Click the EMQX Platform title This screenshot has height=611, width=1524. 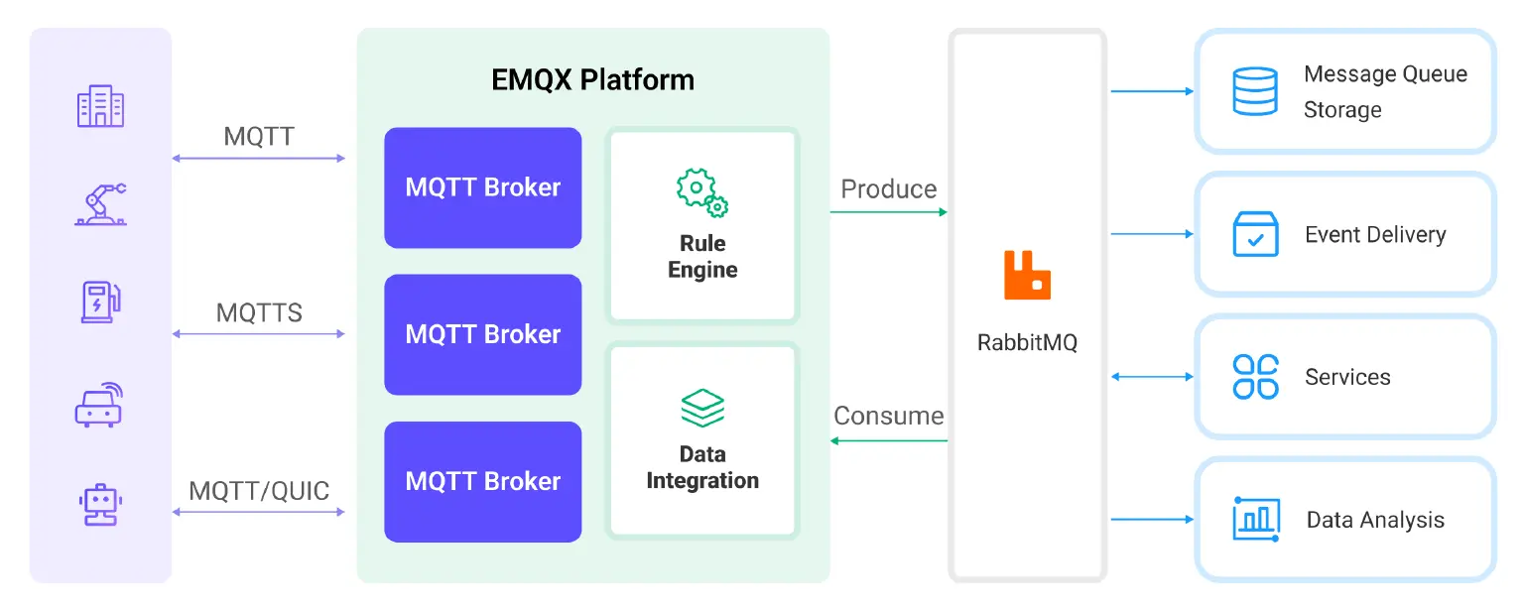click(592, 79)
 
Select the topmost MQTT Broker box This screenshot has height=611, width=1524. click(482, 187)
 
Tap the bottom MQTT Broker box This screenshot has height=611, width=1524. click(482, 481)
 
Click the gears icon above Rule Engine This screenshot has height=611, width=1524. click(701, 191)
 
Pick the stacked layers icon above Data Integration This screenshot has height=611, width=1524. click(701, 408)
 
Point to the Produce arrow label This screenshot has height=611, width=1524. click(888, 189)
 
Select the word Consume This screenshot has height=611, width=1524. click(888, 416)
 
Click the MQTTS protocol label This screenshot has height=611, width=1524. click(259, 313)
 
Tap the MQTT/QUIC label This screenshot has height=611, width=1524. click(259, 490)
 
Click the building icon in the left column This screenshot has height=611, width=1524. click(100, 106)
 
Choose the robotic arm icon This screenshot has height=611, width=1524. click(100, 204)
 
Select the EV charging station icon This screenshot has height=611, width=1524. click(100, 302)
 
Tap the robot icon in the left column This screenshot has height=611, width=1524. click(100, 503)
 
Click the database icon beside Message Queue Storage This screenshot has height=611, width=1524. click(1254, 91)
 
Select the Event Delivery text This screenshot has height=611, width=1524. click(1374, 235)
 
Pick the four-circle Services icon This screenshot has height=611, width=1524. click(1255, 377)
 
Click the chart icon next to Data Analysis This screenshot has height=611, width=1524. click(1255, 519)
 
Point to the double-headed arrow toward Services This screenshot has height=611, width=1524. click(1152, 377)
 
